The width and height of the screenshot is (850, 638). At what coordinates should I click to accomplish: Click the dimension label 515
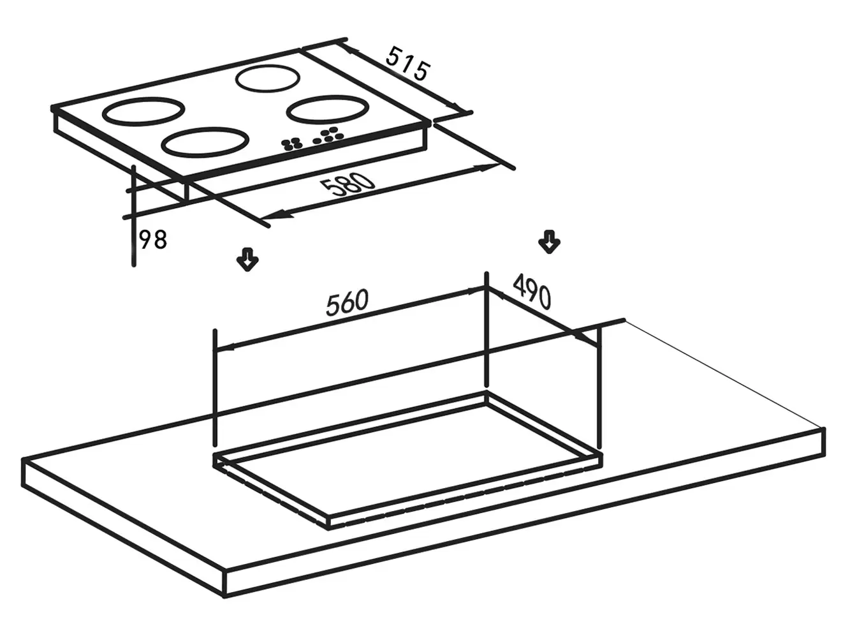coord(407,64)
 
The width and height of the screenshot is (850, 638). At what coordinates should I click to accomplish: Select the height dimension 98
coord(153,240)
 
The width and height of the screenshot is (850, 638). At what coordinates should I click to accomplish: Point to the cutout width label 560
coord(347,303)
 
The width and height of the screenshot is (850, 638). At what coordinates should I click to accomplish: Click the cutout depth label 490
coord(532,292)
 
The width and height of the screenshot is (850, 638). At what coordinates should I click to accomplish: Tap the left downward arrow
coord(247,259)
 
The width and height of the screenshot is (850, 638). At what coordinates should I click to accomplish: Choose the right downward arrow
coord(549,242)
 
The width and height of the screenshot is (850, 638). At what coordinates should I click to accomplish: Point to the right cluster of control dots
coord(328,135)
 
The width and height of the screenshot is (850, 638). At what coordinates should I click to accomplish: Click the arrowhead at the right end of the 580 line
coord(488,168)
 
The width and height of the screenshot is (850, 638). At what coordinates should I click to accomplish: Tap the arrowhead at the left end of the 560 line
coord(224,348)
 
